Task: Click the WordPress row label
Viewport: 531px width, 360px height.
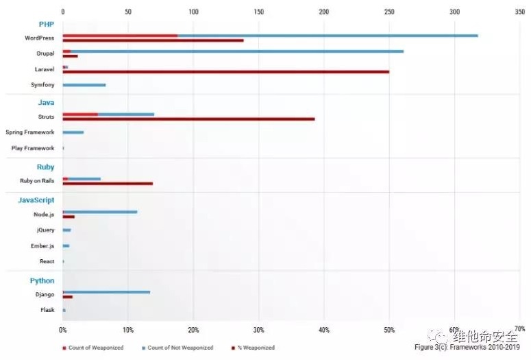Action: click(x=39, y=38)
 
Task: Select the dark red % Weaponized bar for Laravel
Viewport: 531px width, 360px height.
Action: click(x=226, y=71)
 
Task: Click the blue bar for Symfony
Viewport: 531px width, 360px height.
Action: click(x=84, y=85)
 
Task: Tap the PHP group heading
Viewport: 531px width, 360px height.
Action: click(x=46, y=24)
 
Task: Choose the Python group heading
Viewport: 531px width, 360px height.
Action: click(x=42, y=280)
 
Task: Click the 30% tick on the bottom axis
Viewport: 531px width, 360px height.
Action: click(x=258, y=329)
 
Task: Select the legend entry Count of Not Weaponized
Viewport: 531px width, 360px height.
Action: click(x=177, y=348)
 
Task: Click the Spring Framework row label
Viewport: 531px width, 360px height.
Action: click(x=29, y=132)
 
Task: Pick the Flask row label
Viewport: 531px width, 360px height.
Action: click(x=47, y=310)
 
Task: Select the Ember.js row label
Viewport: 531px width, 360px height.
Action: click(x=42, y=245)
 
